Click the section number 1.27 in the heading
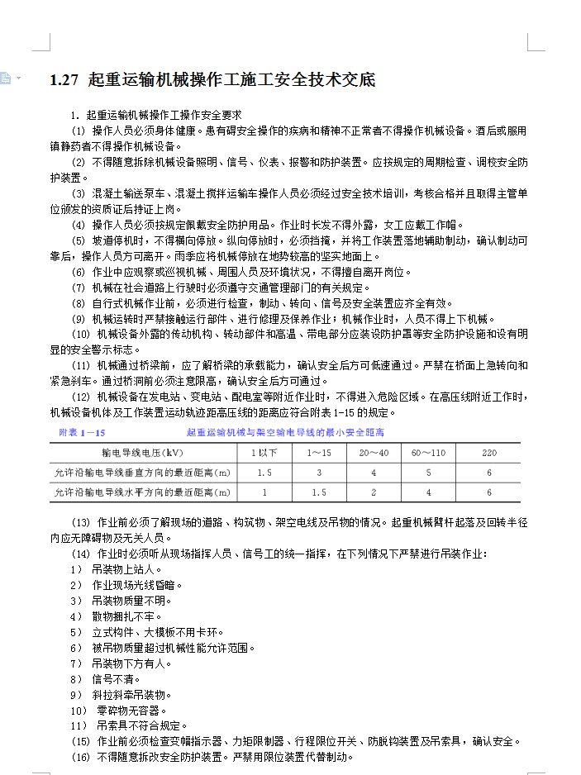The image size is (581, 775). tap(64, 80)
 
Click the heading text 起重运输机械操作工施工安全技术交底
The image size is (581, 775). tap(231, 80)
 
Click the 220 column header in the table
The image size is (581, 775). tap(488, 453)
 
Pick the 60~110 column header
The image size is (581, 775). tap(428, 453)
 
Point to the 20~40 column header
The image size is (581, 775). tap(374, 453)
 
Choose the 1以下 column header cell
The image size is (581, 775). tap(264, 453)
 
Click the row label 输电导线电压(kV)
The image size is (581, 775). tap(142, 453)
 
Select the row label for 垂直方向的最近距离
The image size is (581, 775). tap(142, 473)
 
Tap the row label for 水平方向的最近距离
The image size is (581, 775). tap(142, 492)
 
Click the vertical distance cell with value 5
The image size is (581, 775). tap(428, 473)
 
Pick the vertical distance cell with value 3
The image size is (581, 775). tap(319, 473)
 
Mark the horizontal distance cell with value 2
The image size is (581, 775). tap(374, 492)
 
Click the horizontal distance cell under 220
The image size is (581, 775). tap(488, 492)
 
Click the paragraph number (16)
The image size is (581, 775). tap(80, 757)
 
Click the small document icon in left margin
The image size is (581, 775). tap(6, 78)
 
